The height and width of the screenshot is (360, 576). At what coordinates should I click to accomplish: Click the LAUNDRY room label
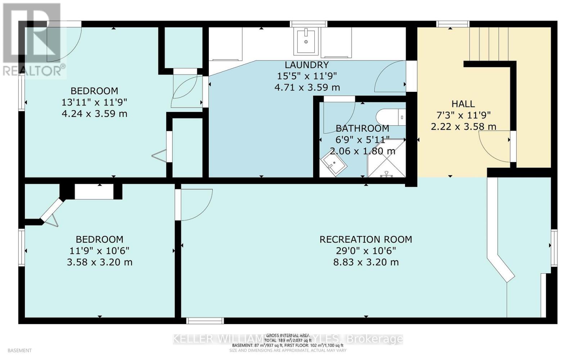coord(306,65)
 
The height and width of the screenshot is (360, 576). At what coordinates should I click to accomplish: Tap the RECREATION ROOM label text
coord(365,239)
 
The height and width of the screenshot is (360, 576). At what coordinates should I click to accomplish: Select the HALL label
coord(463,104)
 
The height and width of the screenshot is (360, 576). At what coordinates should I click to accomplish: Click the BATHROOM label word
coord(362,129)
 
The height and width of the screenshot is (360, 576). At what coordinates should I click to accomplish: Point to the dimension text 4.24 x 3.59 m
coord(94,114)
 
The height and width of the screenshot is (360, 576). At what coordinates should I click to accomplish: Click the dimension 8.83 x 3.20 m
coord(365,262)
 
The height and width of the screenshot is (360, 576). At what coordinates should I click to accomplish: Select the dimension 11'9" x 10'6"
coord(99,251)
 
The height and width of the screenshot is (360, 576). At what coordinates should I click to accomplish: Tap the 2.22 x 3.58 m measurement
coord(463,127)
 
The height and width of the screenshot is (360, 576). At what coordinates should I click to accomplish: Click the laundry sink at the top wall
coord(306,41)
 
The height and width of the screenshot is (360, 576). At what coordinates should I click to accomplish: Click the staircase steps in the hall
coord(489,43)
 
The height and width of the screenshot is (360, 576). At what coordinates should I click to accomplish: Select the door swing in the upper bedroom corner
coord(63,43)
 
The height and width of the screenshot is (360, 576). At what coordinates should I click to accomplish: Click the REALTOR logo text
coord(34,71)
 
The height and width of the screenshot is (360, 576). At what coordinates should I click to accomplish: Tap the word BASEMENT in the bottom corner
coord(19,350)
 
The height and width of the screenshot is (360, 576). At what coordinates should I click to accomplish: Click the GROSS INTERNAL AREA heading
coord(288,335)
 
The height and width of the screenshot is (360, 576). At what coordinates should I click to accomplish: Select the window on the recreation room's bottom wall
coord(205,321)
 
